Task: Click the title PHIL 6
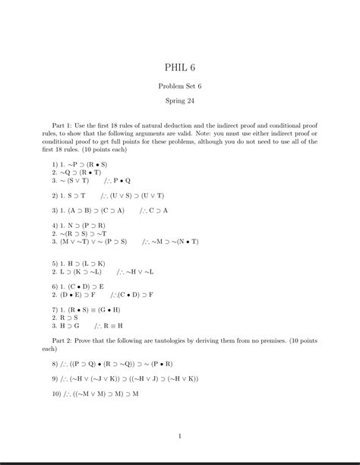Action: [179, 69]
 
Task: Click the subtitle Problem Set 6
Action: [179, 87]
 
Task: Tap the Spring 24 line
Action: [179, 101]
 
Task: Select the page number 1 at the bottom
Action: [179, 436]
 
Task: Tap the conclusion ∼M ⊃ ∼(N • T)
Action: [176, 242]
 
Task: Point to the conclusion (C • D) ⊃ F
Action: [137, 294]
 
